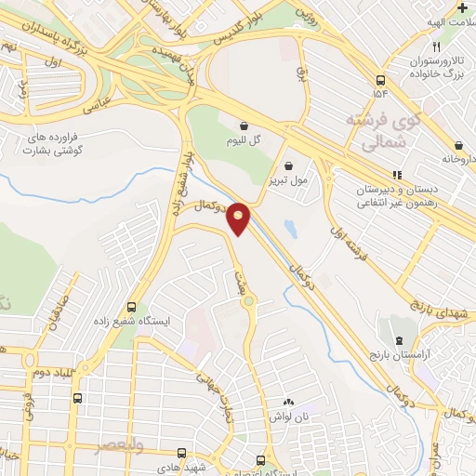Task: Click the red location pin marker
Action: (x=239, y=218)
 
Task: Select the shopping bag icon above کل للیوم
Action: (x=244, y=125)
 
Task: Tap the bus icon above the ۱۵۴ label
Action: (x=380, y=80)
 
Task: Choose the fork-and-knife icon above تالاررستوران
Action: (x=435, y=46)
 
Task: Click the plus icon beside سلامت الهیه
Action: (x=462, y=7)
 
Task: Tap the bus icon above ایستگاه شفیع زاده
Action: (x=131, y=306)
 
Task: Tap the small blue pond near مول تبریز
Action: (x=291, y=228)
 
